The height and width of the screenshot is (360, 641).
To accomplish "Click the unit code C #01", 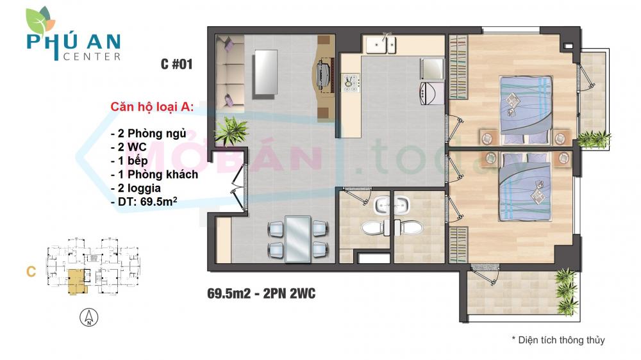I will click(176, 64).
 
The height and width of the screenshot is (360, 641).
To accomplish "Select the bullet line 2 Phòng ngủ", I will click(148, 133).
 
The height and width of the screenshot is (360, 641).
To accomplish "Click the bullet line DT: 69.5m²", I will click(144, 202).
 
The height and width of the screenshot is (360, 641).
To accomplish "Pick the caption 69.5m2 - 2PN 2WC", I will click(261, 294).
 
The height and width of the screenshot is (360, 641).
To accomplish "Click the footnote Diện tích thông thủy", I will click(558, 340).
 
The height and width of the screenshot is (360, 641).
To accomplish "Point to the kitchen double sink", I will click(381, 44).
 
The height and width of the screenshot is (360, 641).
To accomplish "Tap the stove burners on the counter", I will click(351, 82).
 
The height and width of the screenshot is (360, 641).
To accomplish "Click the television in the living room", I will click(324, 75).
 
